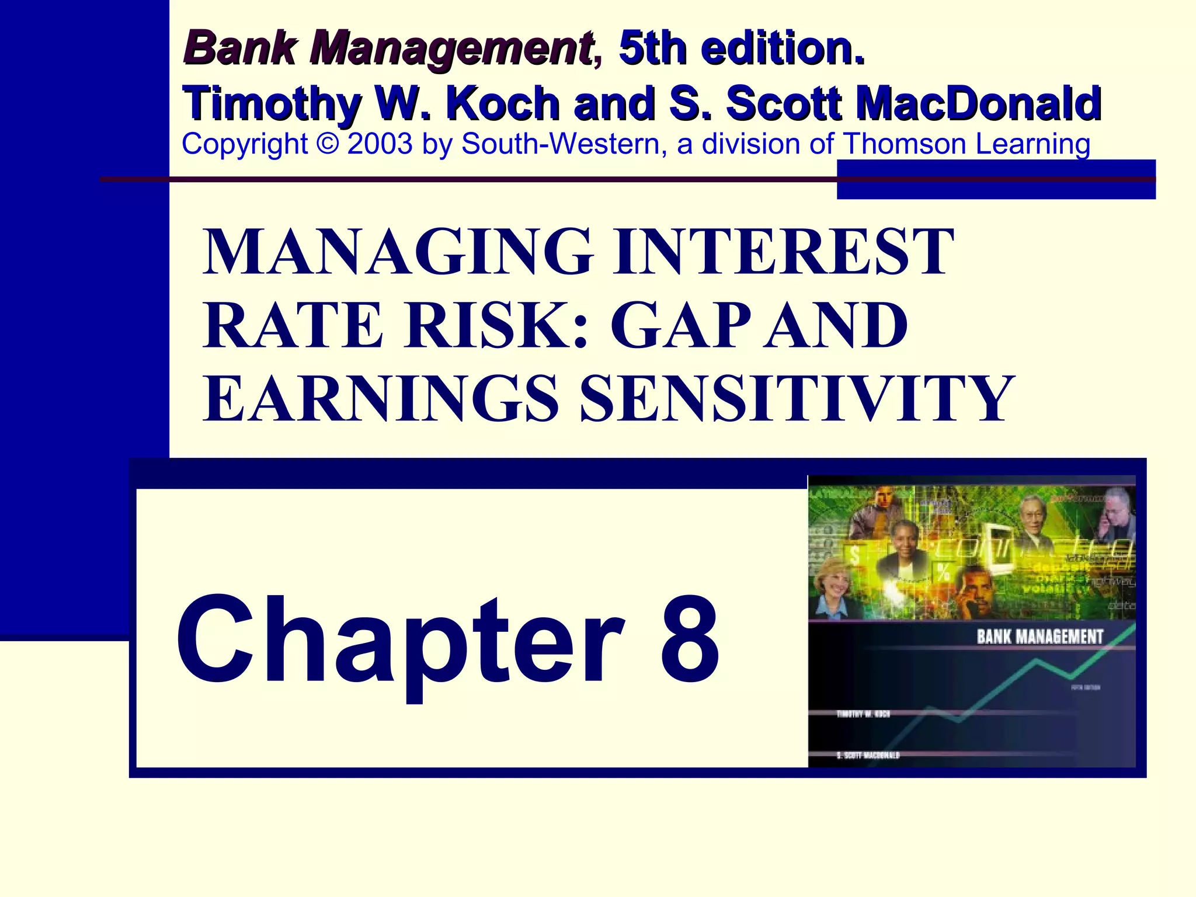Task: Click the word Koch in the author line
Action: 502,103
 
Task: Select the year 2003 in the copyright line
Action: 380,144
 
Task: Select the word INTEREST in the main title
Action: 783,252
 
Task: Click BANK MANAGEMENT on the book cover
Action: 1040,637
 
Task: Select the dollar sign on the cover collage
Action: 854,555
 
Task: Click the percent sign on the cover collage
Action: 943,571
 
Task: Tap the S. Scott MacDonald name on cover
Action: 868,755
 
